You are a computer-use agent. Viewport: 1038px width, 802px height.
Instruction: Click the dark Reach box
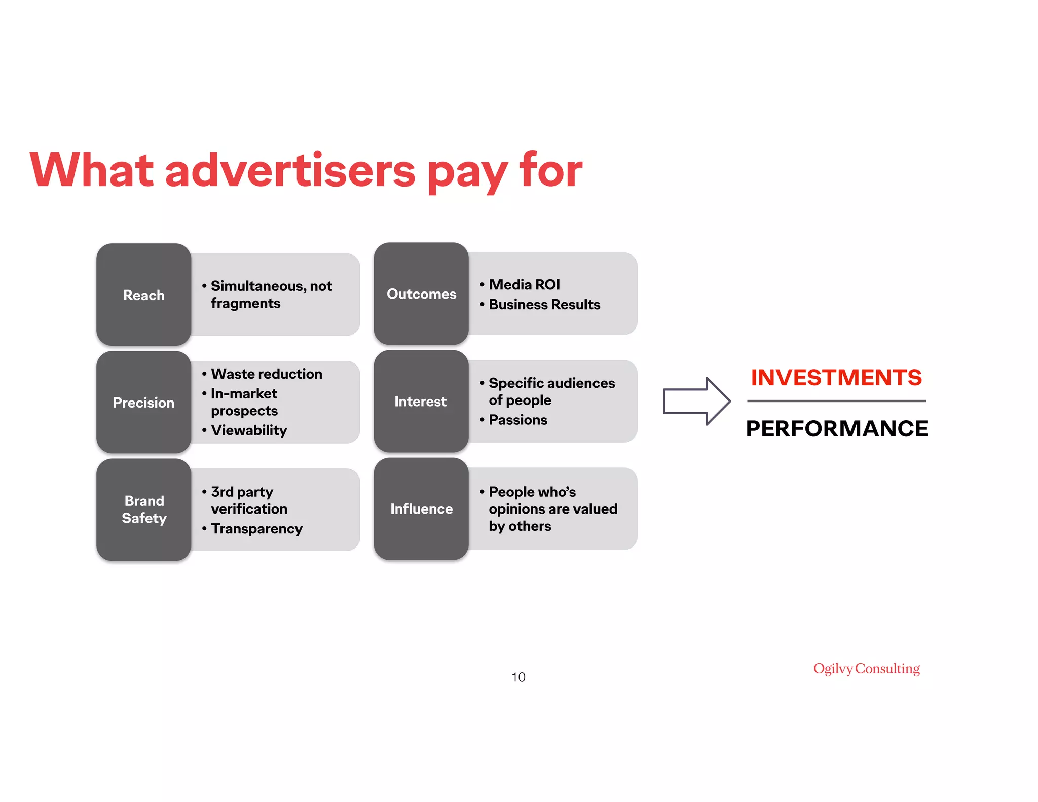tap(143, 295)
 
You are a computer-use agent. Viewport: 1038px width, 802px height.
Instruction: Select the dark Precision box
tap(143, 402)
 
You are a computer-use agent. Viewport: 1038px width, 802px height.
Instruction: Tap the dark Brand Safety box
tap(143, 509)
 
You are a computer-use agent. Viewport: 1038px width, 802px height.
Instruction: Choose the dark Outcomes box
tap(421, 294)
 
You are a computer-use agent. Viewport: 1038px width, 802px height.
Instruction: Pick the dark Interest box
tap(421, 401)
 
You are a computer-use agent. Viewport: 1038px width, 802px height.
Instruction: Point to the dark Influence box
tap(421, 508)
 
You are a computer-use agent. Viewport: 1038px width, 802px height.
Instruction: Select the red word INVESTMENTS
tap(836, 378)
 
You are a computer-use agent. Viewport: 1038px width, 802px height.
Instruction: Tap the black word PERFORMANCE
tap(837, 429)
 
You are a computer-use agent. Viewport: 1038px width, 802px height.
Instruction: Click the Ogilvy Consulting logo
tap(867, 668)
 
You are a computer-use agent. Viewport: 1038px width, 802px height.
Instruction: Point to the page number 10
tap(518, 677)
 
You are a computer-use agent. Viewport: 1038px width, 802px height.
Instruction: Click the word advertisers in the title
tap(290, 170)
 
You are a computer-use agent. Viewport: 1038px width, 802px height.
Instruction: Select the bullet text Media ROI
tap(524, 285)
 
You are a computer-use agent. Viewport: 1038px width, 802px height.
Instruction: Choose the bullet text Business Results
tap(544, 305)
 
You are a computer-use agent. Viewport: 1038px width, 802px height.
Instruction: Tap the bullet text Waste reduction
tap(267, 374)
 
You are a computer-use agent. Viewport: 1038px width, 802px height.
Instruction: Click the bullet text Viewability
tap(249, 430)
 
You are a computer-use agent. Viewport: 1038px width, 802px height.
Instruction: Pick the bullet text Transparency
tap(256, 529)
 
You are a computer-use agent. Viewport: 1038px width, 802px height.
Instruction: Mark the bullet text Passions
tap(518, 420)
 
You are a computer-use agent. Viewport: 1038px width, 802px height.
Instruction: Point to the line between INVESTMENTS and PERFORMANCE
tap(836, 401)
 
